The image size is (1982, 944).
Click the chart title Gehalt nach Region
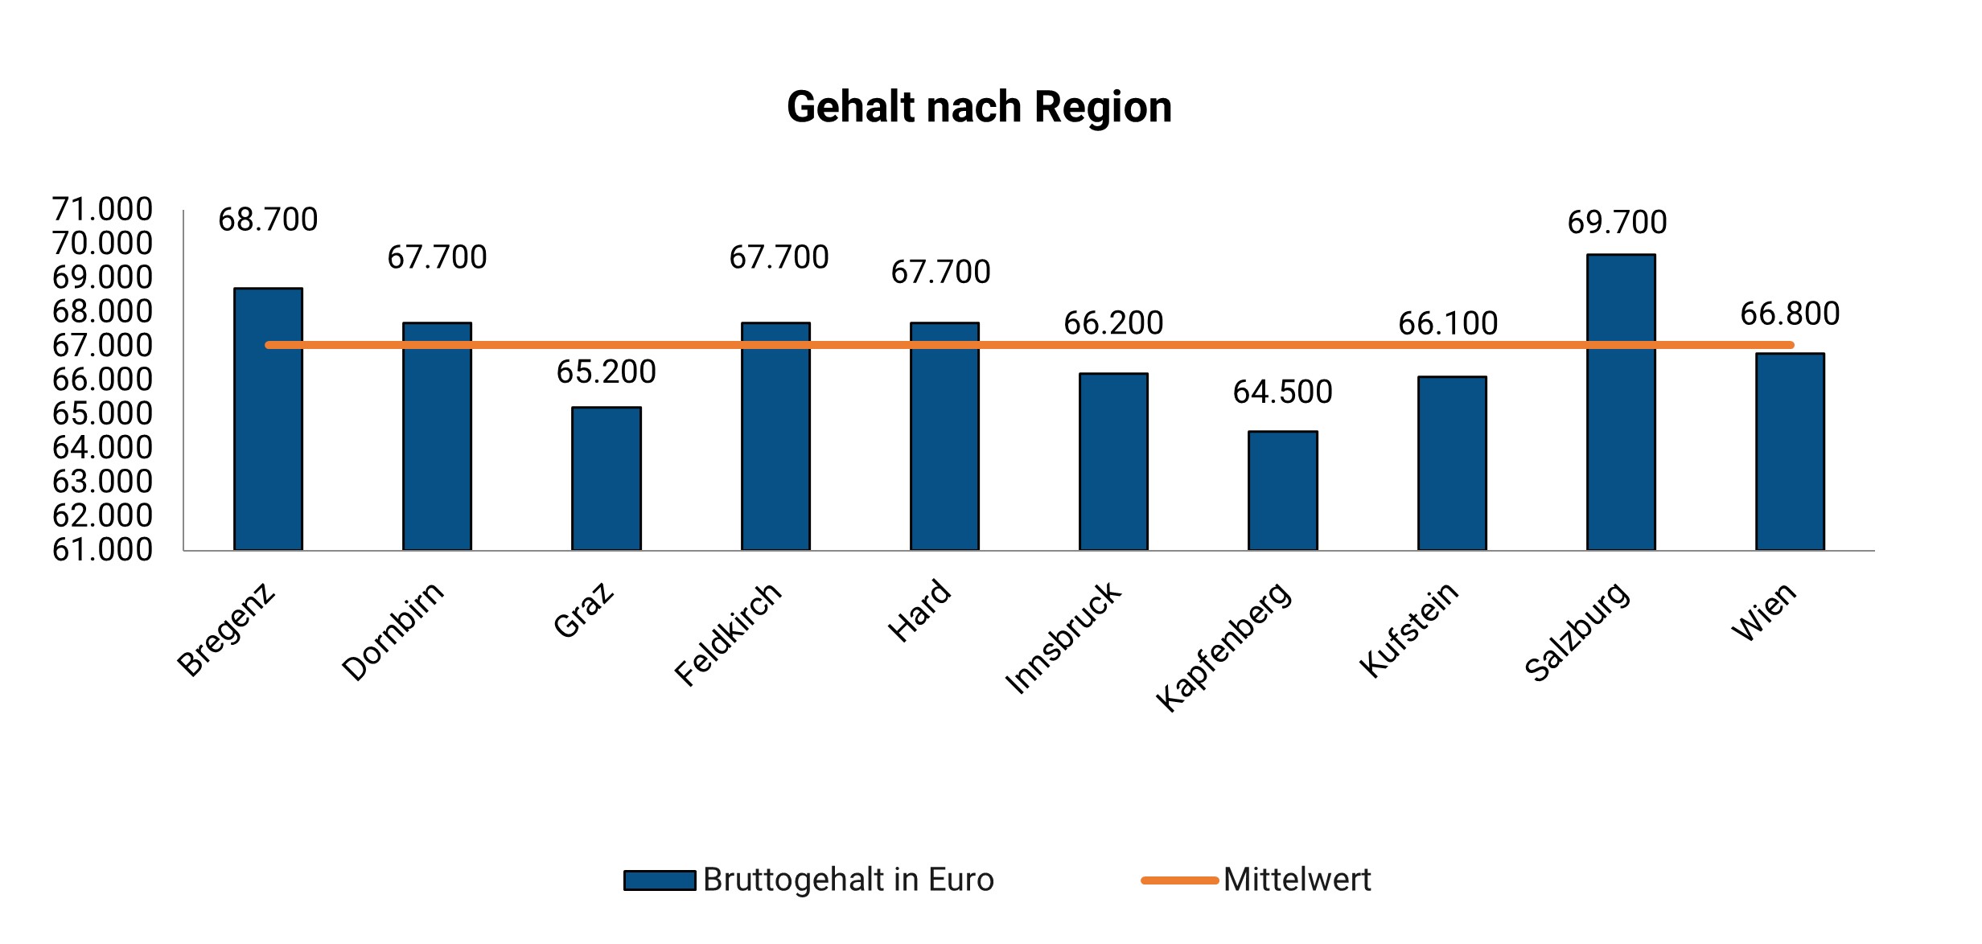coord(979,107)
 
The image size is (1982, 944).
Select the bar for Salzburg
coord(1620,402)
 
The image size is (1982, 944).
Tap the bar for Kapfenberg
coord(1282,490)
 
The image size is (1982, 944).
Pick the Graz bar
coord(606,478)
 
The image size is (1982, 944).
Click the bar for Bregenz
coord(268,418)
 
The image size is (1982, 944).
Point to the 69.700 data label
coord(1617,223)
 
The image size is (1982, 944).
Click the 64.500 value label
coord(1282,392)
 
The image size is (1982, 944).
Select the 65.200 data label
coord(606,372)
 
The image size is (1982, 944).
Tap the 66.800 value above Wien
coord(1790,314)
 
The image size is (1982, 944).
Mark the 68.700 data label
coord(268,220)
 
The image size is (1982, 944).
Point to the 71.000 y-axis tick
coord(102,209)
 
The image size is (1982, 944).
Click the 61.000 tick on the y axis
coord(102,550)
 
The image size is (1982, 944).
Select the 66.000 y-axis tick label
coord(102,380)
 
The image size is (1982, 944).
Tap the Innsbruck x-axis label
coord(1062,638)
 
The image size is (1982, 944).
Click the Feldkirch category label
coord(727,634)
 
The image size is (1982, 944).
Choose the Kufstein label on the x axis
coord(1408,630)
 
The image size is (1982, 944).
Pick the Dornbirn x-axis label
coord(393,631)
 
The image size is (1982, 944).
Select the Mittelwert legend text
coord(1297,880)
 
